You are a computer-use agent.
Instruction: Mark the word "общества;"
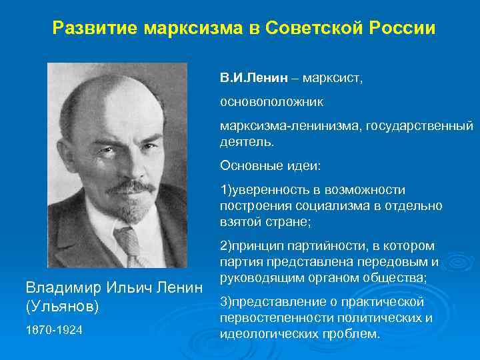[401, 276]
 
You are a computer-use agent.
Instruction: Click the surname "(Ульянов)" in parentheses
[62, 307]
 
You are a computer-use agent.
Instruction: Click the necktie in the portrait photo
[127, 243]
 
